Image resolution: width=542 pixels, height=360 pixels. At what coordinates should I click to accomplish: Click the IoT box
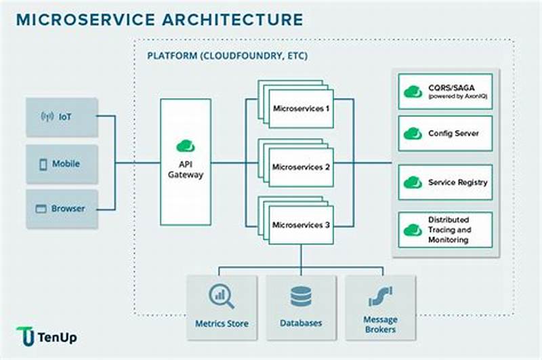(x=62, y=117)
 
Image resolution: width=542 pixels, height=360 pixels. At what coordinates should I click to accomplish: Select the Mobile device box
(x=62, y=163)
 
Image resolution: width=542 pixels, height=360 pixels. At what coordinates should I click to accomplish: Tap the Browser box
(x=62, y=209)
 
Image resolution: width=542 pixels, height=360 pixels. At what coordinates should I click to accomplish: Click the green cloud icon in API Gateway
(x=185, y=146)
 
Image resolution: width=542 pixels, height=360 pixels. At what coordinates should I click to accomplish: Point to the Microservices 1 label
(x=301, y=108)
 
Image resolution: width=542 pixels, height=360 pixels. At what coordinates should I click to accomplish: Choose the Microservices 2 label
(x=301, y=167)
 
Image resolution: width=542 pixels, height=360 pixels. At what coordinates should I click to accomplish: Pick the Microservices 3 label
(x=301, y=224)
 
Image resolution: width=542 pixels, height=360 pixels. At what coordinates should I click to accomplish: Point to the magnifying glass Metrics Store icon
(x=222, y=296)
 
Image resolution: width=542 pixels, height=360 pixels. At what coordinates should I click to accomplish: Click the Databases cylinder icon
(x=300, y=297)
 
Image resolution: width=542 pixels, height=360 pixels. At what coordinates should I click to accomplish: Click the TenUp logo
(x=41, y=336)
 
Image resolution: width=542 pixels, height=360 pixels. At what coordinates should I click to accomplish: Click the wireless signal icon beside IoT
(x=47, y=117)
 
